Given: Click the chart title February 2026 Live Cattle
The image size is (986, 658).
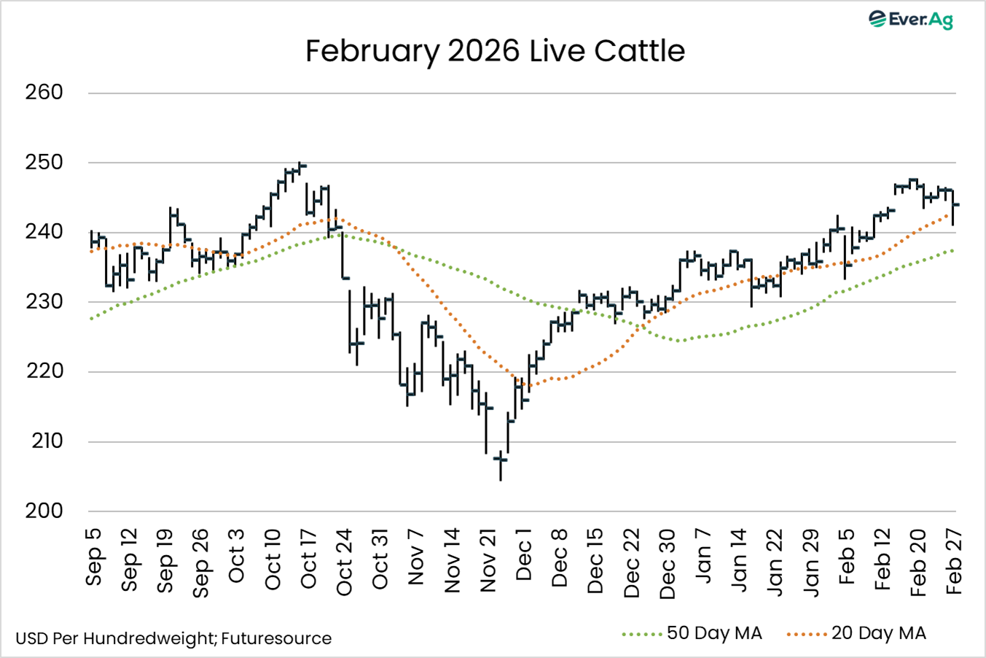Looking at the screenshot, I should pos(495,51).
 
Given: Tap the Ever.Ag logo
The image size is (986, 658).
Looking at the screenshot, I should pos(911,20).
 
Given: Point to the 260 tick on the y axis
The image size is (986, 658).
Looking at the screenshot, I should pos(44,93).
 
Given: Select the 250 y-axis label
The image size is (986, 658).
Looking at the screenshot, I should pos(44,162).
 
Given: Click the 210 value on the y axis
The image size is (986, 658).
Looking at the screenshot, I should pos(47,441).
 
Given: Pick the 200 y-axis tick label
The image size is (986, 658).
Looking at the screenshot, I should pos(44,511).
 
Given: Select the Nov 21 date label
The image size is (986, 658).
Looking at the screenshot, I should pos(488,562).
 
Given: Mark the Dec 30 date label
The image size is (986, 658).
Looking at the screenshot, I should pos(668,564).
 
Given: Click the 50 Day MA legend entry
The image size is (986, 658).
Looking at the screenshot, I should pos(714,633).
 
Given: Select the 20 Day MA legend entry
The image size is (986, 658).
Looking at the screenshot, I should pos(878,633).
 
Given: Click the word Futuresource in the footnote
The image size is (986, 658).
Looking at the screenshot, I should pos(276,639).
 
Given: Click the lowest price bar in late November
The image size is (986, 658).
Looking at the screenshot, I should pos(501,465).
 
